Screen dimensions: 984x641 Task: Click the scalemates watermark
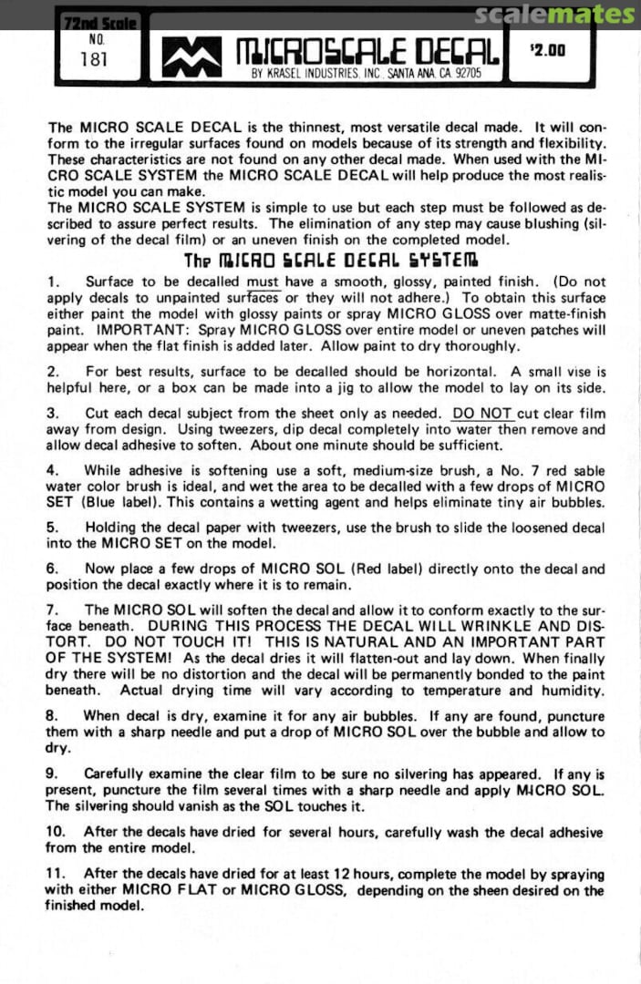click(x=554, y=14)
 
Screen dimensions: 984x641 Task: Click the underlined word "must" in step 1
click(x=263, y=282)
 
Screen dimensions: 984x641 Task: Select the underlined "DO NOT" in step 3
click(x=482, y=413)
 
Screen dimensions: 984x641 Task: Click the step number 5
click(x=53, y=527)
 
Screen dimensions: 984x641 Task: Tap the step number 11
click(x=55, y=873)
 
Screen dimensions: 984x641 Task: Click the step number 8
click(x=53, y=716)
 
